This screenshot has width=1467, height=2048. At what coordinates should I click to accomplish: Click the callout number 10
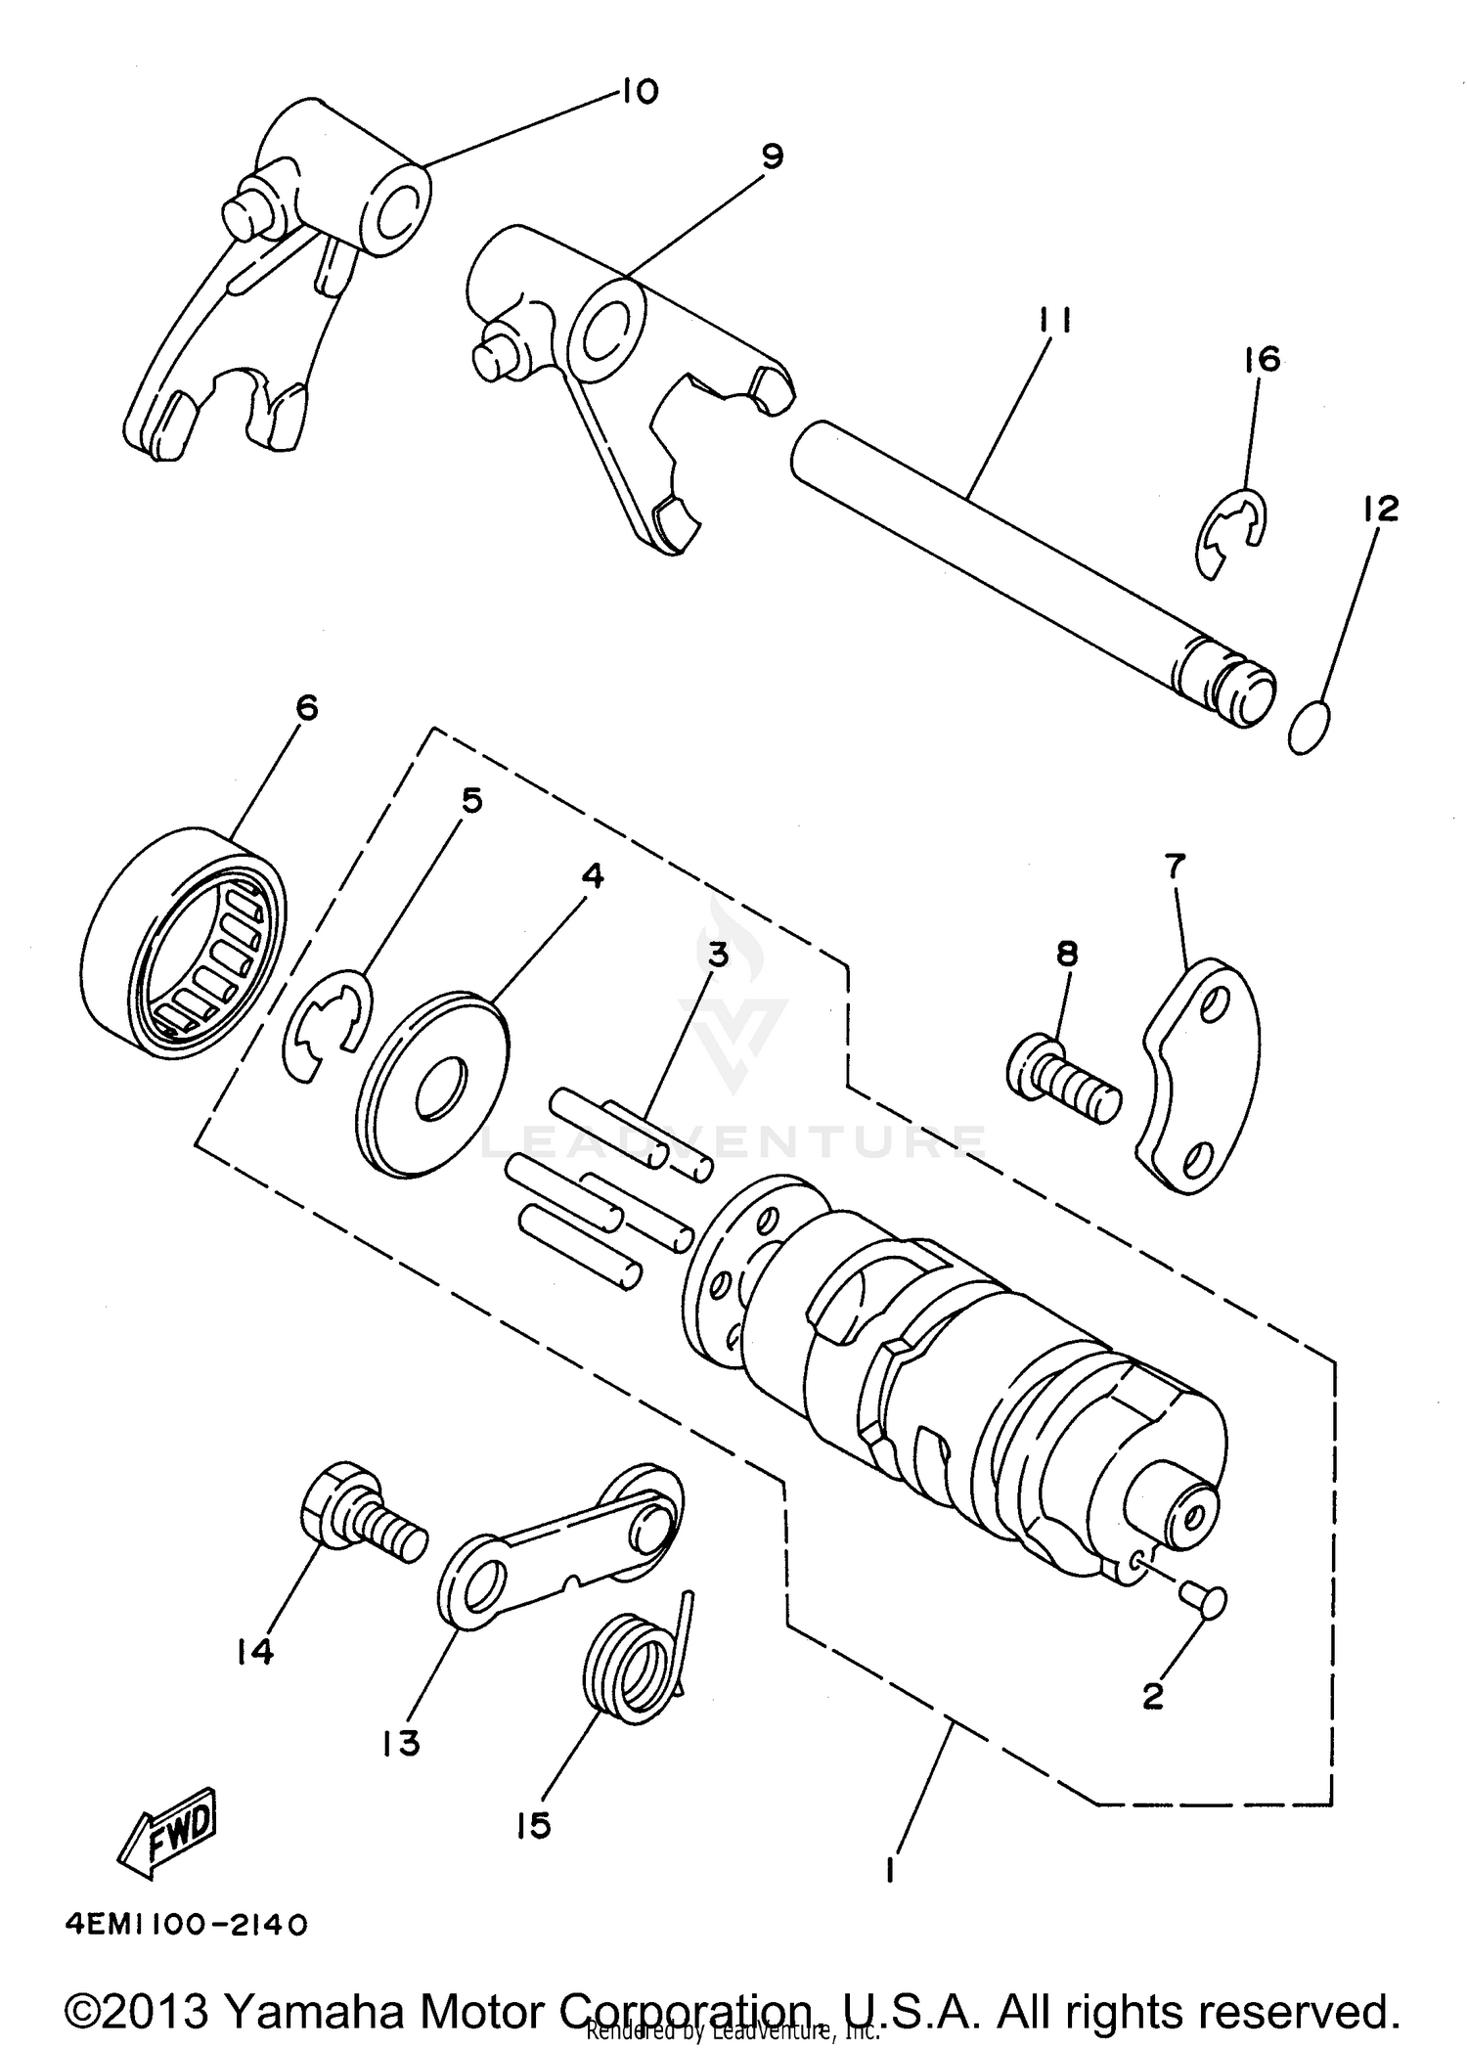point(640,92)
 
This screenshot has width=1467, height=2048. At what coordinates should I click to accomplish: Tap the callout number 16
point(1263,360)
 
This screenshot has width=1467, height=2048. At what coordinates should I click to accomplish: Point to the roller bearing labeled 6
point(184,942)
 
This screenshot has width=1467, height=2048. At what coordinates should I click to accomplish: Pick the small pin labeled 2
point(1205,1600)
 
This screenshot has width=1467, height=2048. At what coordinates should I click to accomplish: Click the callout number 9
point(772,156)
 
